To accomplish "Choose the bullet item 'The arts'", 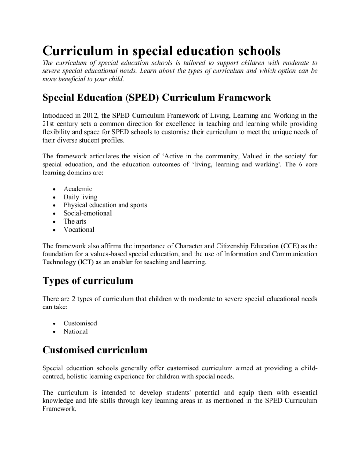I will click(77, 222).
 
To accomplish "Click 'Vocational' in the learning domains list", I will click(81, 230).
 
